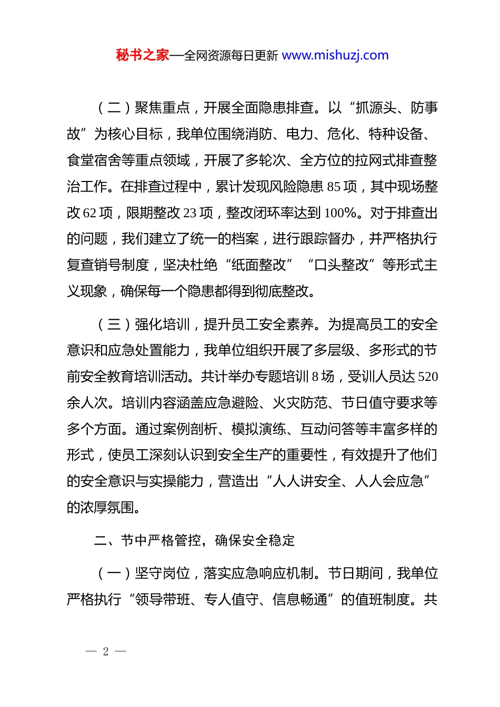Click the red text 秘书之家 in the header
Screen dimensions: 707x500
click(x=143, y=55)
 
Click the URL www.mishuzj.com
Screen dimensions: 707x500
click(x=335, y=55)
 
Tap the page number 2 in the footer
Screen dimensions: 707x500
click(x=106, y=652)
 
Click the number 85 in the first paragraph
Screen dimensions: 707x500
click(x=334, y=187)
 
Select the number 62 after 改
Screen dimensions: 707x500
click(x=90, y=213)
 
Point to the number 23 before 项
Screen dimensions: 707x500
click(x=190, y=213)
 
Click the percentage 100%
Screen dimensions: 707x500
click(x=341, y=213)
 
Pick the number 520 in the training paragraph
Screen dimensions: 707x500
click(x=427, y=377)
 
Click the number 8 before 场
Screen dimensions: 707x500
click(x=315, y=377)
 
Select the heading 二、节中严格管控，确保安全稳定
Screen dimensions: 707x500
click(x=194, y=540)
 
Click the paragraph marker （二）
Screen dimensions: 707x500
click(x=114, y=108)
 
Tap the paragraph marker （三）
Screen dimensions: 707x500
click(x=114, y=325)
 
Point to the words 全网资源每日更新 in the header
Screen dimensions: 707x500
click(x=231, y=56)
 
